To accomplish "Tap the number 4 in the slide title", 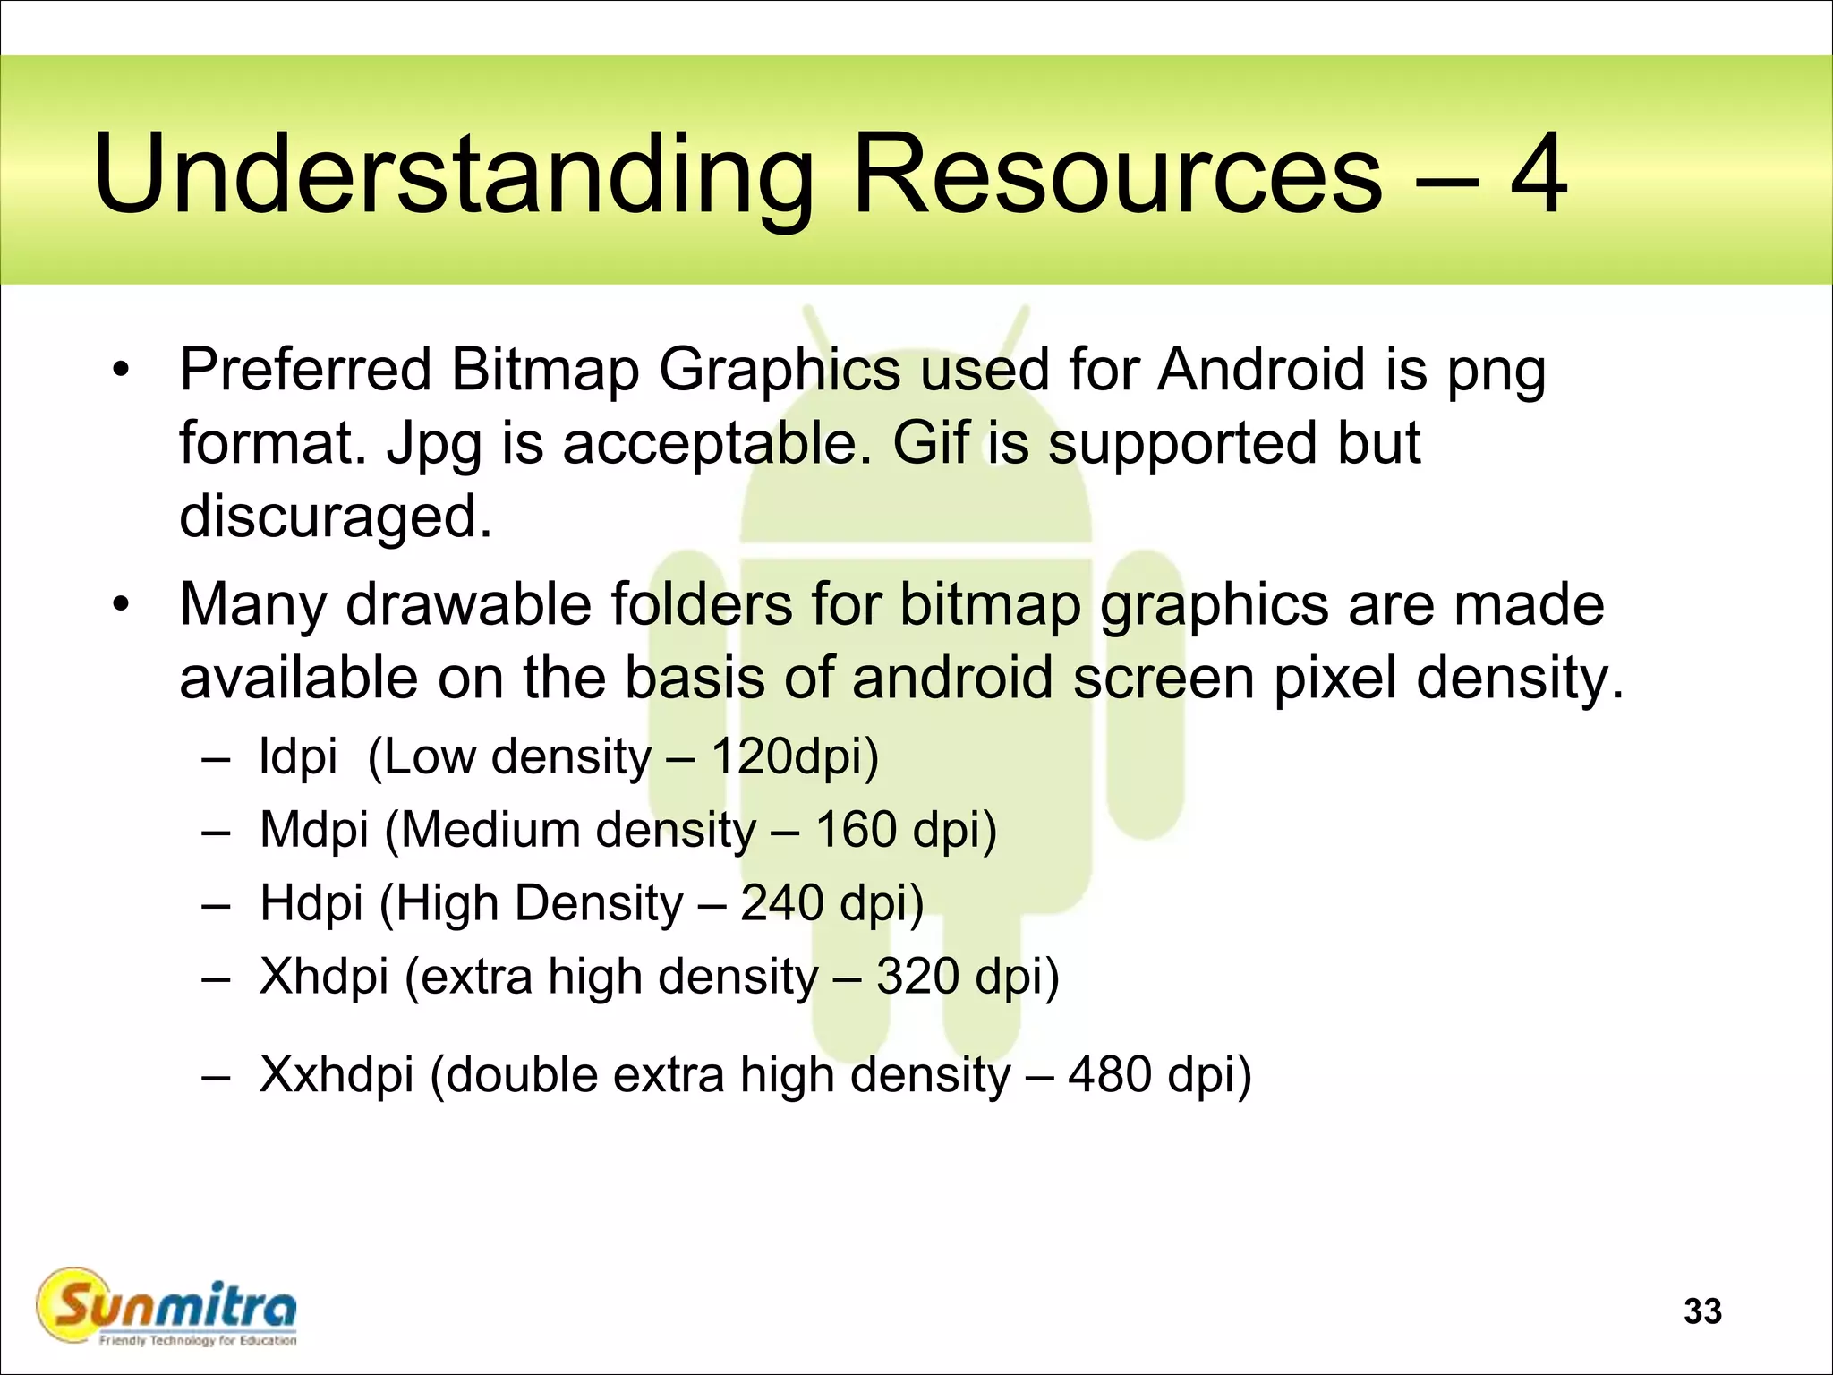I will coord(1538,175).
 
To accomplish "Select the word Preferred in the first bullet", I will coord(305,369).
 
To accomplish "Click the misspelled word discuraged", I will coord(336,517).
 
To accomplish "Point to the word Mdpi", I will coord(313,831).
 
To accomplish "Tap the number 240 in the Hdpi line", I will coord(781,902).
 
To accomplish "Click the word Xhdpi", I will coord(324,977).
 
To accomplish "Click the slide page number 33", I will coord(1702,1311).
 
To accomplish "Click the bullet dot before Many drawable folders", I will coord(122,604).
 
